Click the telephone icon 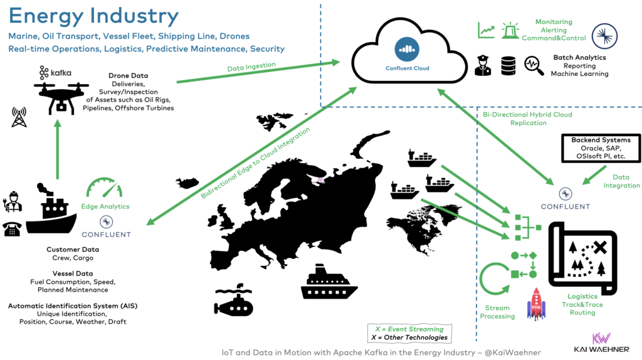point(13,229)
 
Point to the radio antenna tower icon point(19,117)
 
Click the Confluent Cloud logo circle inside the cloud point(408,50)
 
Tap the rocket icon point(537,304)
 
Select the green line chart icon point(487,30)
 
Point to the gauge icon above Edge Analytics point(105,189)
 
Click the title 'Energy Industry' point(94,16)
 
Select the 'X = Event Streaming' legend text point(409,329)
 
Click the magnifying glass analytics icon point(534,65)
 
